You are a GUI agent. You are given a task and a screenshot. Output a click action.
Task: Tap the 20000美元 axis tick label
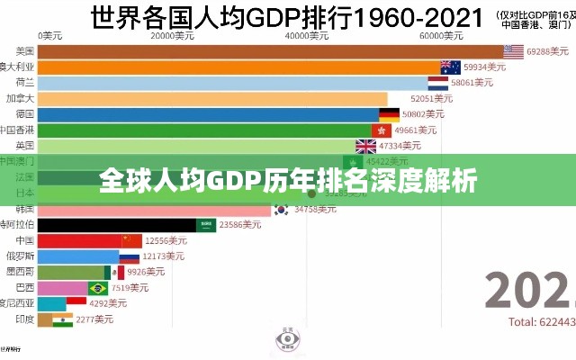click(x=172, y=37)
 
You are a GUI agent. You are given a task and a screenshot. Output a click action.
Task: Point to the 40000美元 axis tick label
click(x=307, y=37)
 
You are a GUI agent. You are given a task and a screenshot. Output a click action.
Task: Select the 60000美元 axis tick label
click(x=442, y=37)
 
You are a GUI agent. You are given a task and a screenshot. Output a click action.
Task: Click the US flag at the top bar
click(x=514, y=51)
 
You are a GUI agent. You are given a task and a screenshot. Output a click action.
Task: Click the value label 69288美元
click(x=549, y=52)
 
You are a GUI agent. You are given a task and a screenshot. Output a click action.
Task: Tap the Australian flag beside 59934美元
click(x=451, y=67)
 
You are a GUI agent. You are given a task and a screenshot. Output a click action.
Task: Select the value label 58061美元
click(x=472, y=83)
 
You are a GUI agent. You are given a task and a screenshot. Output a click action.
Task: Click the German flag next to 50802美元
click(x=389, y=114)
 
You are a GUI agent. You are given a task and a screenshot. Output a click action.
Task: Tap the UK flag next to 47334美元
click(x=366, y=146)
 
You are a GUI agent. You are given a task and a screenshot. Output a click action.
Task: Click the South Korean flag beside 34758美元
click(x=282, y=210)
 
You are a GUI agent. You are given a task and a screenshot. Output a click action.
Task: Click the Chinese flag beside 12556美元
click(x=132, y=241)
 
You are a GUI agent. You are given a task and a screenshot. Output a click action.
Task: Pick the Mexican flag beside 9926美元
click(x=114, y=272)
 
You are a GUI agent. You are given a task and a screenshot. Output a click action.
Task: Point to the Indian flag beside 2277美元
click(x=62, y=319)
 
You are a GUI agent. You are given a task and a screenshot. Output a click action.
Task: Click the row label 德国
click(x=25, y=114)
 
